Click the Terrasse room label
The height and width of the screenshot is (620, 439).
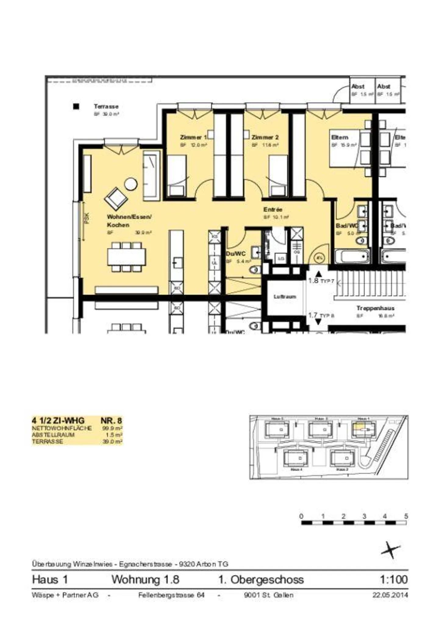point(106,107)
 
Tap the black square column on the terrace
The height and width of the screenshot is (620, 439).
point(76,106)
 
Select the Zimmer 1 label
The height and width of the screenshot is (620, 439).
point(193,137)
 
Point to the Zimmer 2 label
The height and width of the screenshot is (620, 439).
point(265,137)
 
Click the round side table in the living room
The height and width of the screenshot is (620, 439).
point(131,184)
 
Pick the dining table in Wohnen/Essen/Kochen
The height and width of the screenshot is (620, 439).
point(126,257)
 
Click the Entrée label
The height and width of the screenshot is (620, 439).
point(273,210)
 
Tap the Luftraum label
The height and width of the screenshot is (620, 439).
point(284,296)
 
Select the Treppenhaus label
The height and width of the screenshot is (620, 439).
point(375,308)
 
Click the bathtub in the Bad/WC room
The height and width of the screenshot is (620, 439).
point(352,257)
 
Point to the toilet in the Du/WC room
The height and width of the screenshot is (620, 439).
point(254,269)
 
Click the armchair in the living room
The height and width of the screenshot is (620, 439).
point(116,198)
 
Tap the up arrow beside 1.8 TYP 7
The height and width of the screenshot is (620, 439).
point(318,274)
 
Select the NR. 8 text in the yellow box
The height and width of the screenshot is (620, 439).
point(111,421)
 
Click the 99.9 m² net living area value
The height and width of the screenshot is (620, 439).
point(112,428)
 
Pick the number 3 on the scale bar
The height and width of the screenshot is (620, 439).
point(364,516)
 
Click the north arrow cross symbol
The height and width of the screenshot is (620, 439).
point(391,550)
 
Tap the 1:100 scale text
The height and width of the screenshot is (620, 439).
point(393,579)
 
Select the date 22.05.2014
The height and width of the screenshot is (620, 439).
point(390,595)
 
